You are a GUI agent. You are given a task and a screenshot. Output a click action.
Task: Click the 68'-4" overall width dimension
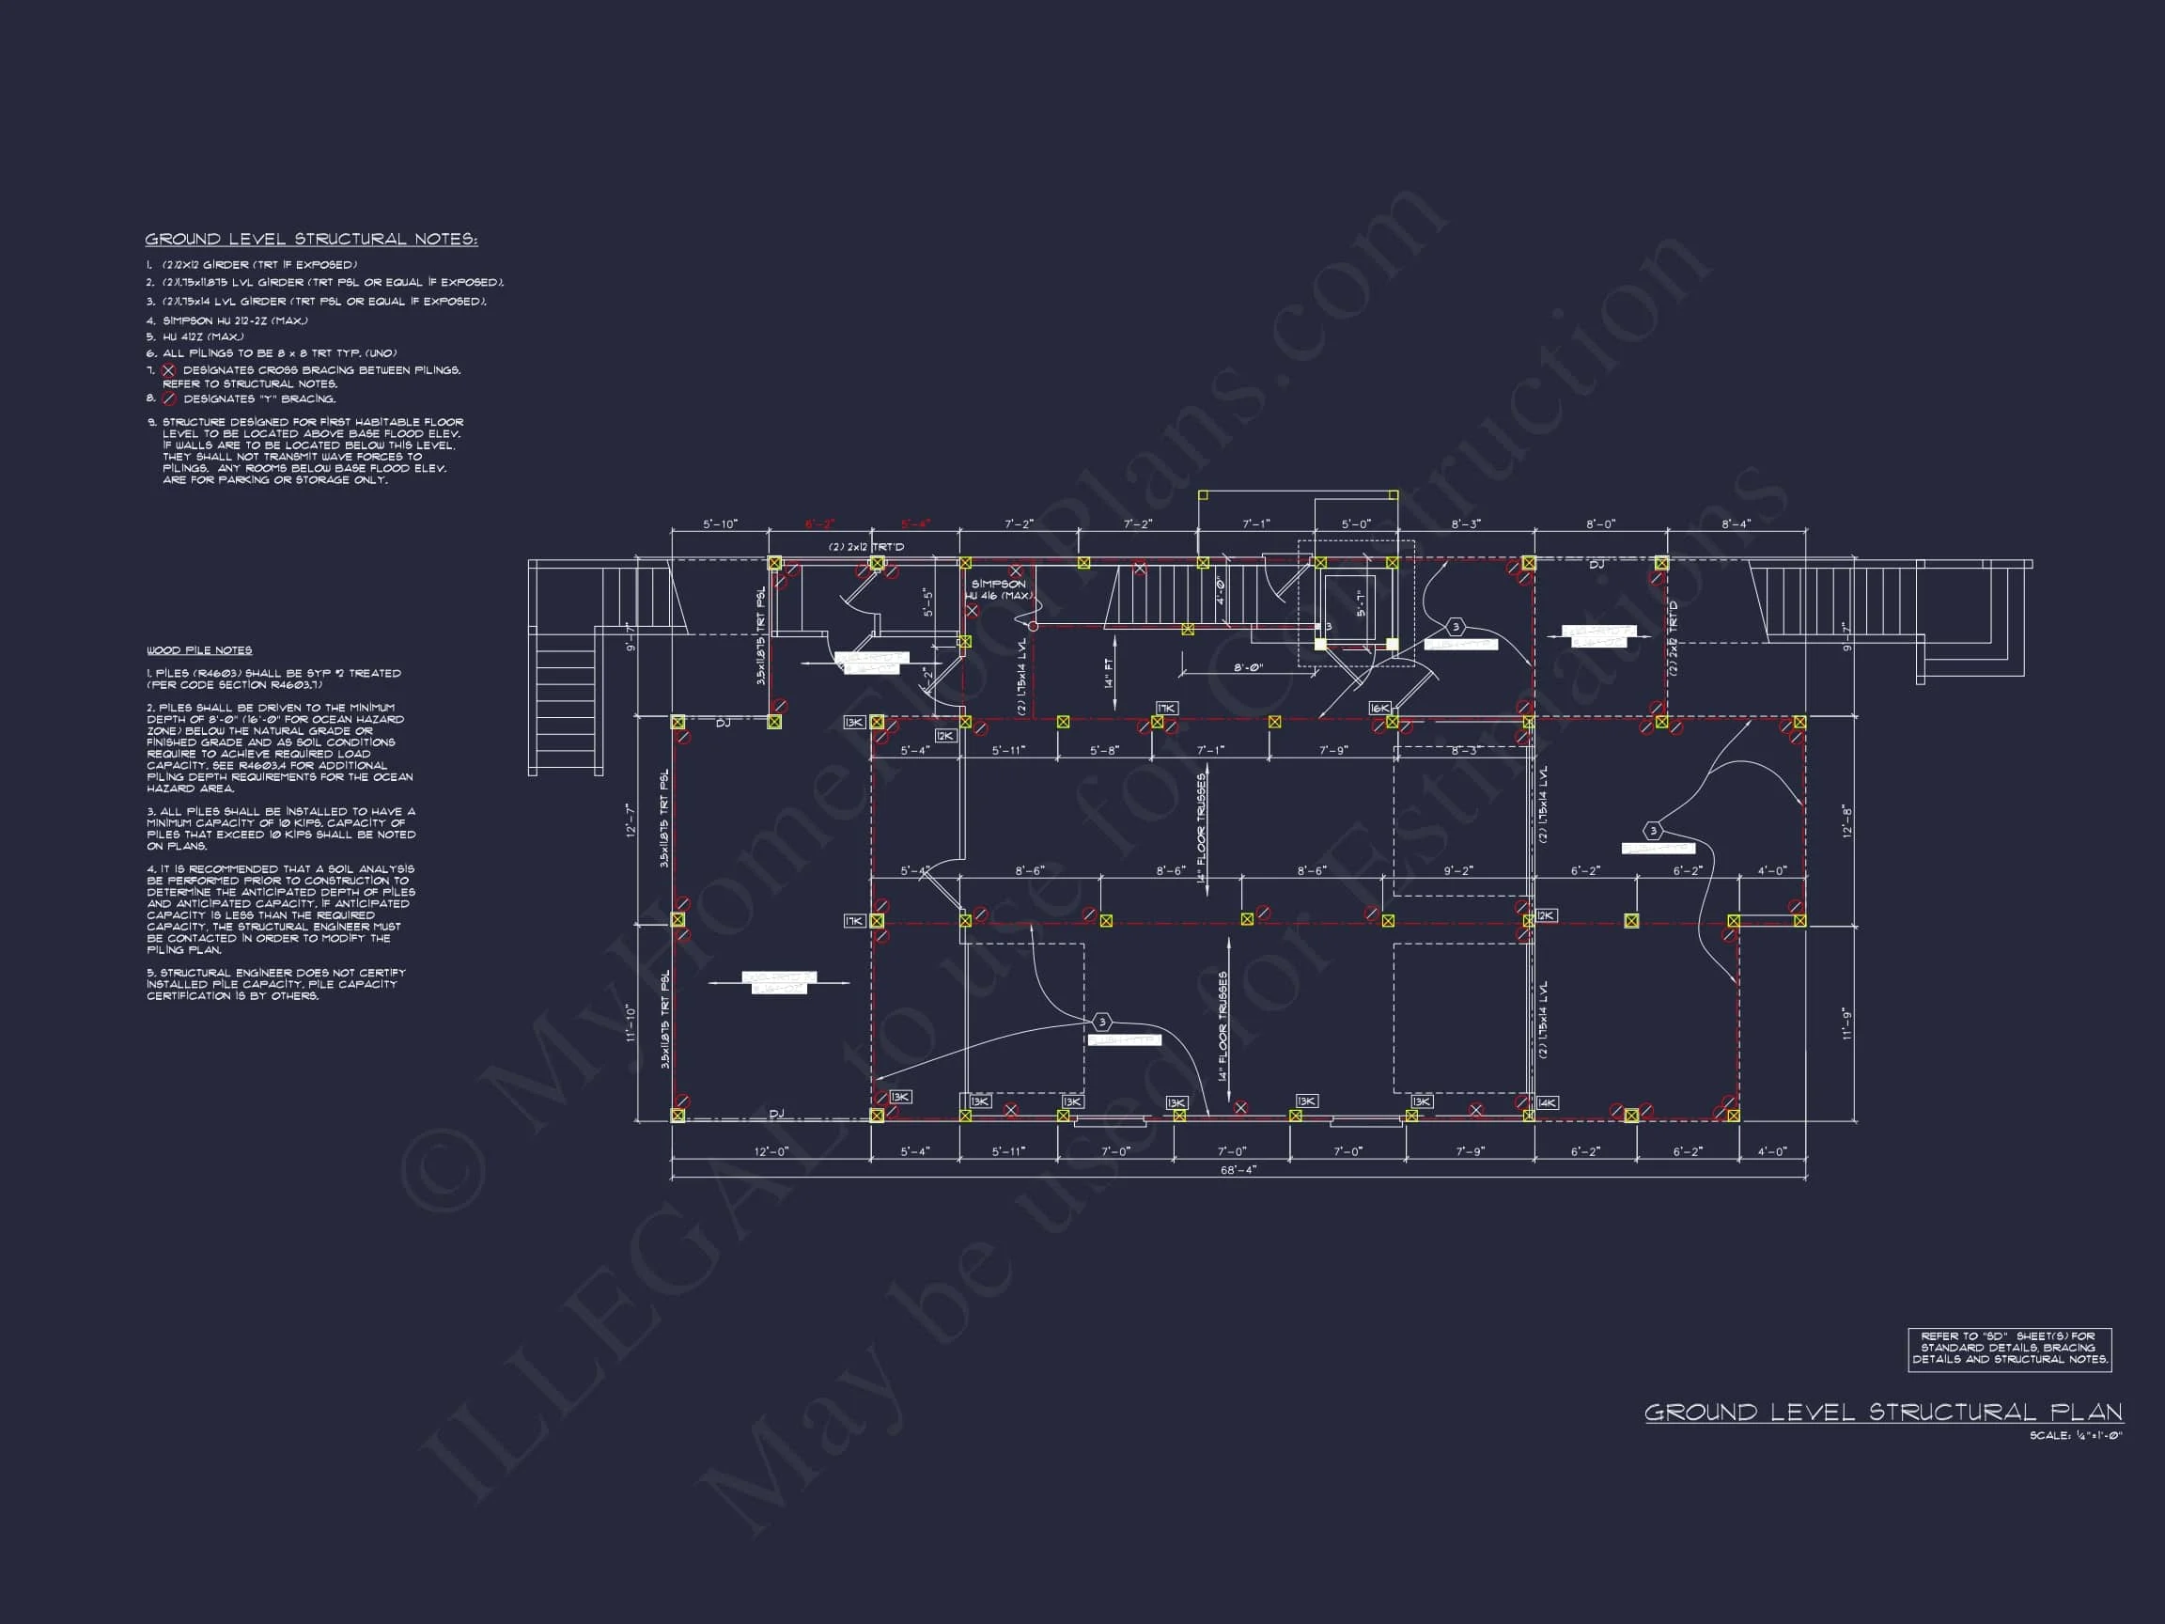[x=1238, y=1170]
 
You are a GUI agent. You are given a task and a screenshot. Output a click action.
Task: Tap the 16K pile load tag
[x=1379, y=708]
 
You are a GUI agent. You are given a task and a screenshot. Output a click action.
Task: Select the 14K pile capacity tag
[x=1547, y=1102]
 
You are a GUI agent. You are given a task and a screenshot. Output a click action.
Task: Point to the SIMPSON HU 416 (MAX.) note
[x=998, y=589]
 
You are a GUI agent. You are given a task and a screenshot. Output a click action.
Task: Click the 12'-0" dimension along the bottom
[x=771, y=1151]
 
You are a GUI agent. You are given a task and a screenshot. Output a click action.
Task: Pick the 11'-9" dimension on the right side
[x=1846, y=1023]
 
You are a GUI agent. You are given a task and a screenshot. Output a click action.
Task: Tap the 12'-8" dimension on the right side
[x=1846, y=820]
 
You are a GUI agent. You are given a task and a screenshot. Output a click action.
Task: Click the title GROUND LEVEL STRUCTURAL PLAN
[x=1883, y=1412]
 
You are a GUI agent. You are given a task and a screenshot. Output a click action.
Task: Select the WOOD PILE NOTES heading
[x=199, y=650]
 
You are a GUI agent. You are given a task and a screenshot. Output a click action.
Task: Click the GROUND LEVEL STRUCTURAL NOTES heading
[x=311, y=239]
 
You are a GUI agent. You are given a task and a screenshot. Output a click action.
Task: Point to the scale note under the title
[x=2075, y=1436]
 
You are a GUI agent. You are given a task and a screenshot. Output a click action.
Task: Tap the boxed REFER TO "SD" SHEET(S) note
[x=2009, y=1348]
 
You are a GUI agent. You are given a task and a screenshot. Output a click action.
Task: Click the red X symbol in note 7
[x=168, y=370]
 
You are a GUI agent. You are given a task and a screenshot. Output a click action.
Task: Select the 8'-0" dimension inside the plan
[x=1248, y=667]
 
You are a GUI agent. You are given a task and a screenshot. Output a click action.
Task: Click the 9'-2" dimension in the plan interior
[x=1457, y=870]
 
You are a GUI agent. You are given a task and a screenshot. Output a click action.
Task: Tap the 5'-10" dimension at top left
[x=720, y=524]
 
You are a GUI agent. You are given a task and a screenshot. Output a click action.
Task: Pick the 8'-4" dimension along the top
[x=1736, y=524]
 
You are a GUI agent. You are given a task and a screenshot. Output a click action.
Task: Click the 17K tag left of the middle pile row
[x=854, y=921]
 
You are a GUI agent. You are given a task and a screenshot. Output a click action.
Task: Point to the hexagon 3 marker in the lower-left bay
[x=1102, y=1022]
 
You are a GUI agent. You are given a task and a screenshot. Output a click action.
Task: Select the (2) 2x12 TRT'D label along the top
[x=866, y=547]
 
